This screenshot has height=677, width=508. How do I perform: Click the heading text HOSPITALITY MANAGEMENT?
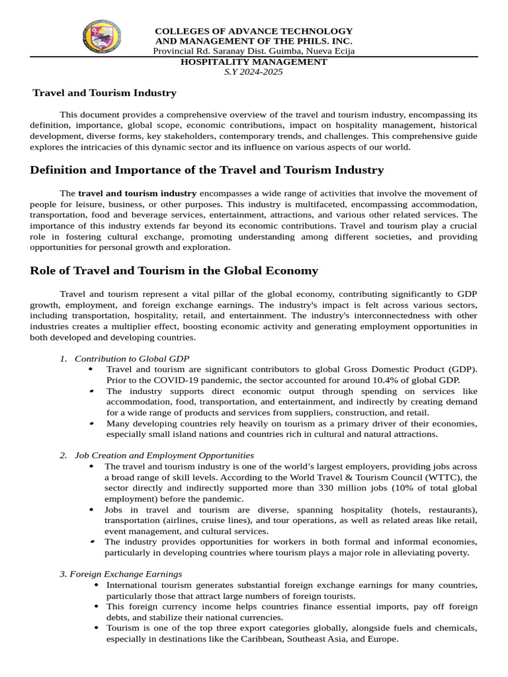click(x=254, y=61)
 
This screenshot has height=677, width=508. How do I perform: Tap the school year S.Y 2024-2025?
click(x=254, y=71)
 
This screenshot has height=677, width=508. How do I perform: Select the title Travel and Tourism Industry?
click(x=105, y=93)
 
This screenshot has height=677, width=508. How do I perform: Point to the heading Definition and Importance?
click(x=207, y=170)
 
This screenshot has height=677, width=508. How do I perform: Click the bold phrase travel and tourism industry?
click(x=138, y=193)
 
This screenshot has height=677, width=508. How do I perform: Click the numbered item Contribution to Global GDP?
click(x=128, y=358)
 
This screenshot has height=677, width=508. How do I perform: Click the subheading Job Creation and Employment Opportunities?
click(x=164, y=455)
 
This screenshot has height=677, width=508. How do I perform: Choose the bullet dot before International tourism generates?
click(x=97, y=585)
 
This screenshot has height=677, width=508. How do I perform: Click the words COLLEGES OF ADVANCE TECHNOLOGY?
click(x=254, y=31)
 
